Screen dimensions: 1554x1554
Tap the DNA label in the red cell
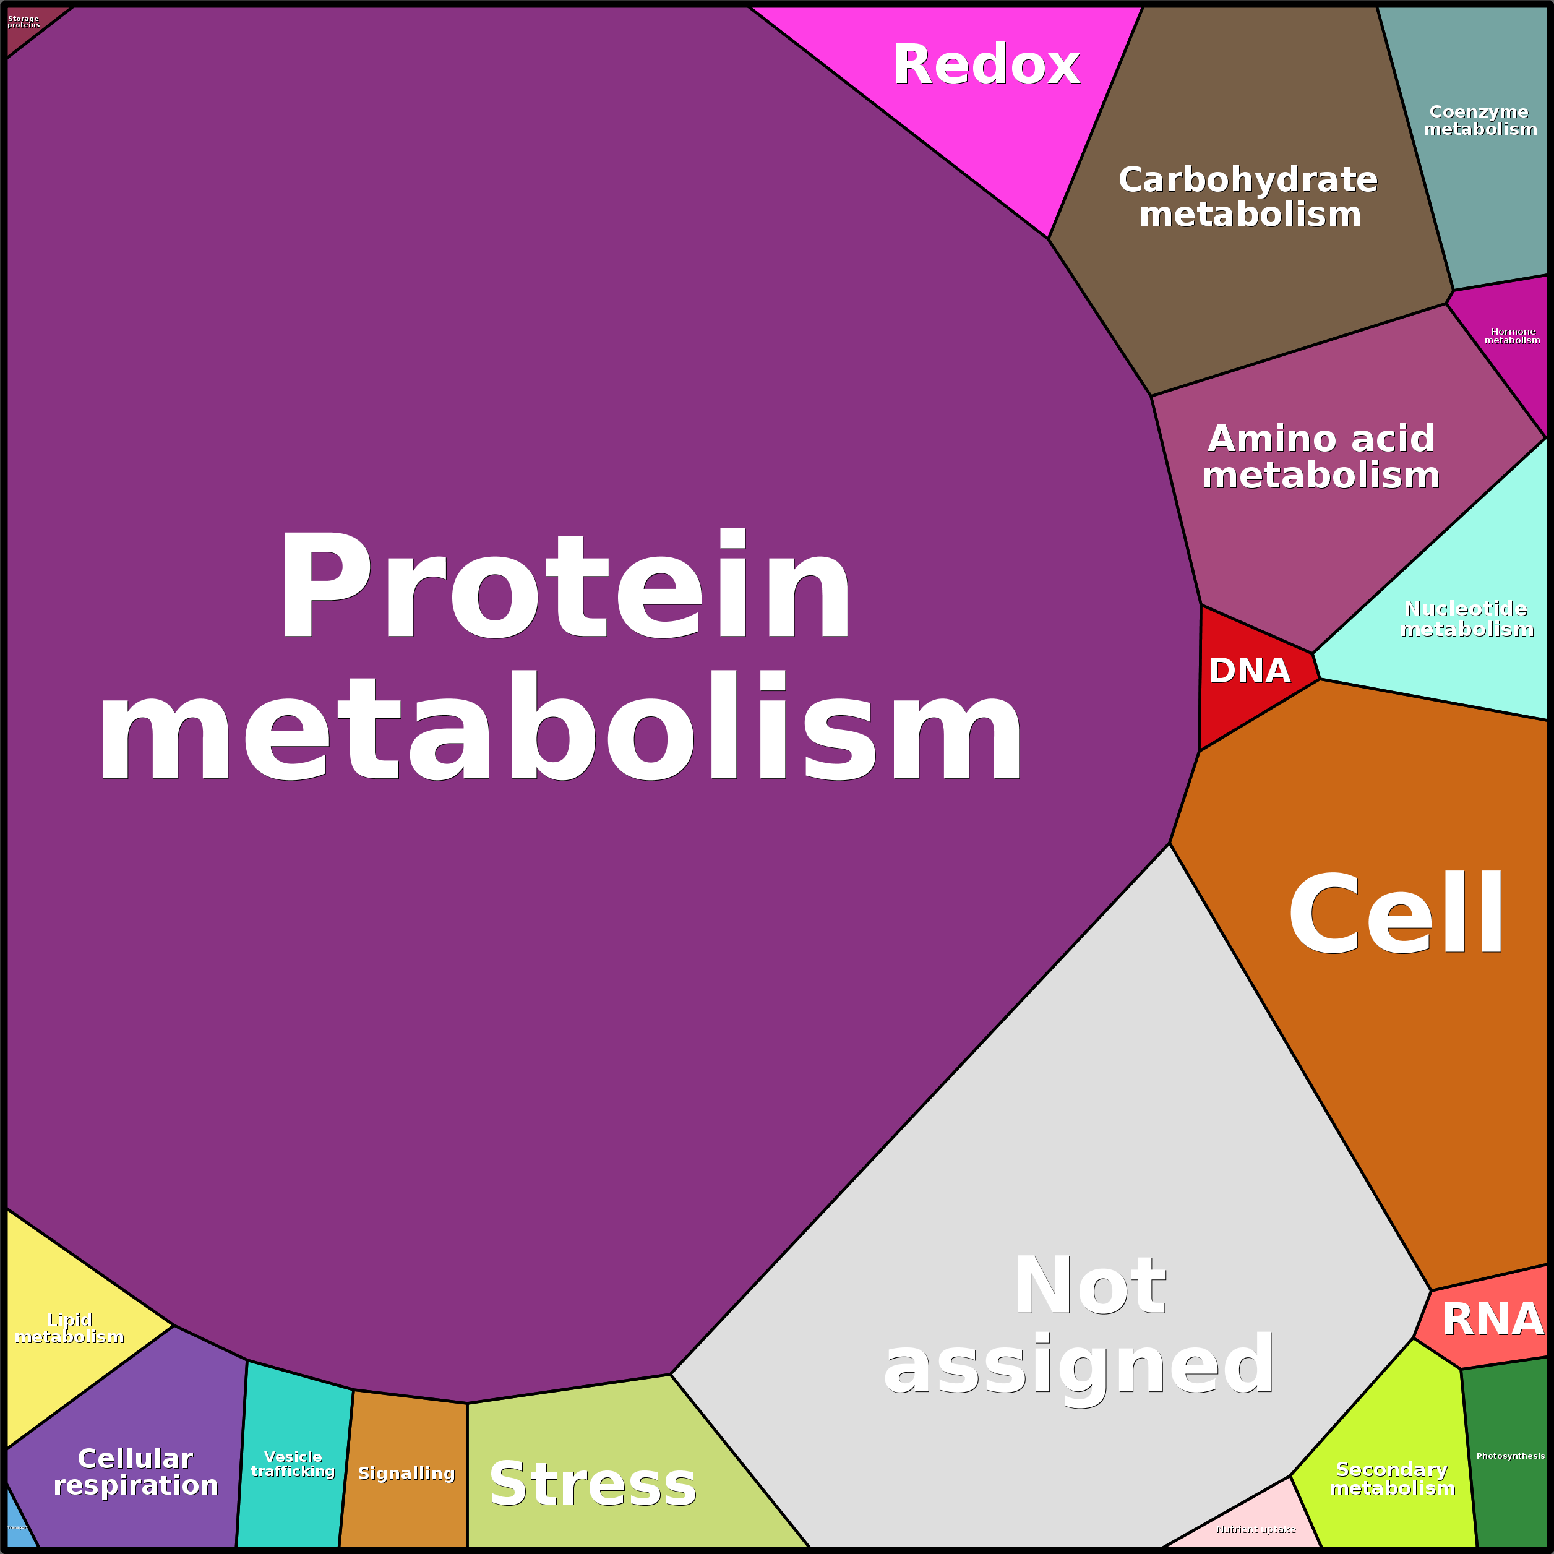[1249, 671]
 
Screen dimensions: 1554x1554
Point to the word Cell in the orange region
[1396, 916]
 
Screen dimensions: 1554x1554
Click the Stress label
[593, 1484]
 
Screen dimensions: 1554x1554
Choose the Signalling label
[406, 1474]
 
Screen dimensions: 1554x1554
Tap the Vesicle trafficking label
[293, 1464]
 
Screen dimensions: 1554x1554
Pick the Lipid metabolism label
[69, 1328]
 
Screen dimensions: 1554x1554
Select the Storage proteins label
[24, 22]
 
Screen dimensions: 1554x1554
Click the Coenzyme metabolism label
[1480, 121]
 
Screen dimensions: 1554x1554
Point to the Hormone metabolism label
[1512, 336]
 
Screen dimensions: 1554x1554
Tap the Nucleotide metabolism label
[1466, 619]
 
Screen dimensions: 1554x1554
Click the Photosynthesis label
[1509, 1456]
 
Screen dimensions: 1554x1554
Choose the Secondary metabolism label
[1393, 1479]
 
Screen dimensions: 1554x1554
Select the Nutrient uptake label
[1256, 1530]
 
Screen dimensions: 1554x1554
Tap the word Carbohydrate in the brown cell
[1248, 179]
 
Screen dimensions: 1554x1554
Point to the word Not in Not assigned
[1090, 1286]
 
